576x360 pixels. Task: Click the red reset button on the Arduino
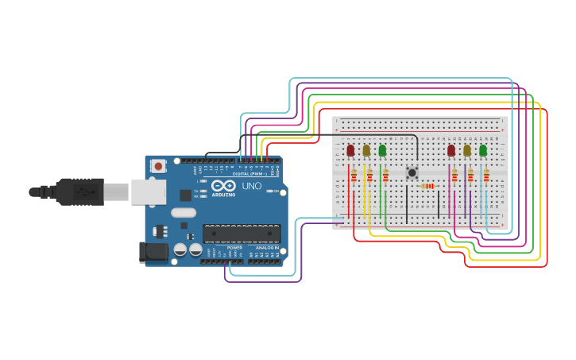(158, 166)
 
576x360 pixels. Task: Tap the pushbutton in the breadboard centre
(412, 172)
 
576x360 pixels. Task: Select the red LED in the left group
(350, 150)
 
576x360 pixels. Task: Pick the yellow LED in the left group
(366, 150)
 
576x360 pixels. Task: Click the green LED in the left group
(382, 150)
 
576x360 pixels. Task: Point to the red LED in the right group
(451, 150)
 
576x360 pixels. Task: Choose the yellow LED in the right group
(467, 150)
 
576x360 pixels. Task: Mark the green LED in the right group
(483, 150)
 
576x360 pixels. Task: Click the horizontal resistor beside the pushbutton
(428, 187)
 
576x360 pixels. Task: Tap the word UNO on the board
(251, 186)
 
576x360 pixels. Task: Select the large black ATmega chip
(242, 233)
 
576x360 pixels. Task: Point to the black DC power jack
(153, 253)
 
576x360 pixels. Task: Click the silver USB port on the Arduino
(148, 192)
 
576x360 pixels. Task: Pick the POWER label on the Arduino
(234, 248)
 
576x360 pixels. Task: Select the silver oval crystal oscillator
(183, 212)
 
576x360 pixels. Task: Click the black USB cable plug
(80, 192)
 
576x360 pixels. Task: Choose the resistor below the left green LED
(385, 176)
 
